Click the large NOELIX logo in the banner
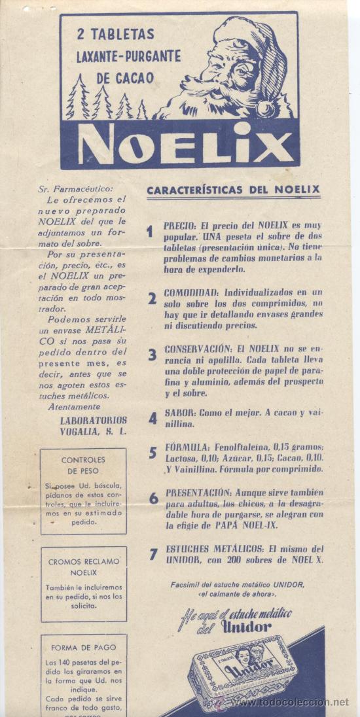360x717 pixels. click(x=181, y=145)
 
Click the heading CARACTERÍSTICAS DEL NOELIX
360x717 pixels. click(x=233, y=190)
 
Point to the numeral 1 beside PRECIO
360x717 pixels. click(x=150, y=231)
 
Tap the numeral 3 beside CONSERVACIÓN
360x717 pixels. click(x=152, y=355)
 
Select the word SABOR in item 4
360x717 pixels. click(x=177, y=413)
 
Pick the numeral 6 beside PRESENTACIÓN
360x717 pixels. click(x=153, y=498)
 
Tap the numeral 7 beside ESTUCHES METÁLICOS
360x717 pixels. click(x=153, y=554)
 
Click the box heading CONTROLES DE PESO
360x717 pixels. click(x=83, y=464)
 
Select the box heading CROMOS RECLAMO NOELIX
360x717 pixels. click(x=83, y=567)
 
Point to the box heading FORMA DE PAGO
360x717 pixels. click(x=83, y=648)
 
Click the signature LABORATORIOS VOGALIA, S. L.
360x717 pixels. click(x=94, y=426)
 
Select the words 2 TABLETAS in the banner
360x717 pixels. click(x=115, y=33)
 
